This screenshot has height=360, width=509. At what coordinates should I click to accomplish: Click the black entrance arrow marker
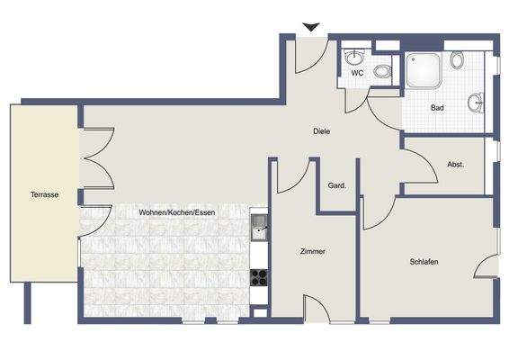pos(311,27)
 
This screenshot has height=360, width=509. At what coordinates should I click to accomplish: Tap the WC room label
pos(357,73)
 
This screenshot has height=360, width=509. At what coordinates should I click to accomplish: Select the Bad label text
pos(437,108)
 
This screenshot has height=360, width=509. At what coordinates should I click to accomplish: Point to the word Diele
pos(321,131)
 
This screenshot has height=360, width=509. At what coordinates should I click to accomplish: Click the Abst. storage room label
pos(455,164)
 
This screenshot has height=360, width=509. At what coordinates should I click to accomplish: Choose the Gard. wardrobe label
pos(337,186)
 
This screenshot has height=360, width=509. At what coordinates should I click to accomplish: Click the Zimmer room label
pos(312,252)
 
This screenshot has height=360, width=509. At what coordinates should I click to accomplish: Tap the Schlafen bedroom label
pos(424,261)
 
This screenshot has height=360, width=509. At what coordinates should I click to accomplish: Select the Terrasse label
pos(44,194)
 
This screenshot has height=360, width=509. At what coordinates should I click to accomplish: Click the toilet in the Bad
pos(458,61)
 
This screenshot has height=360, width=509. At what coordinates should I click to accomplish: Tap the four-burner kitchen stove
pos(259,276)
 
